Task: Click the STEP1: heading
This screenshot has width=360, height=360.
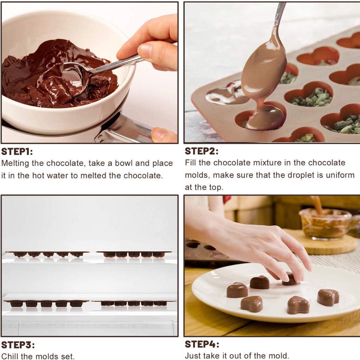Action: (17, 152)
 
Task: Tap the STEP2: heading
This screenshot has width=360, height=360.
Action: (201, 151)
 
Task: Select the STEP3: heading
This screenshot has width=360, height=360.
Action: (18, 345)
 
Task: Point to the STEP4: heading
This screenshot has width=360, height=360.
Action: (202, 344)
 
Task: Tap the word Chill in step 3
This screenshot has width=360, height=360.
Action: (10, 356)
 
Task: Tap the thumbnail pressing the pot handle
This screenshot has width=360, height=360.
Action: (162, 134)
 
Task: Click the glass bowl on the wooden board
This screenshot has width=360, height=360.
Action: (325, 224)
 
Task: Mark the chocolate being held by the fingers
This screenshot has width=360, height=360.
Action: (290, 279)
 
